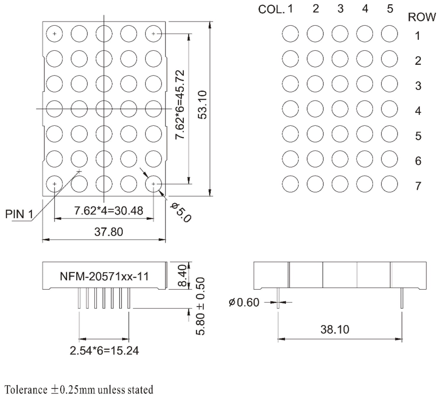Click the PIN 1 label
(19, 214)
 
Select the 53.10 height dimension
(203, 105)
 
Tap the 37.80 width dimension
(109, 232)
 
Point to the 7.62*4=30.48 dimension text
(109, 211)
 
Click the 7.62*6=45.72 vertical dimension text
(180, 105)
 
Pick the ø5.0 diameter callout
(181, 212)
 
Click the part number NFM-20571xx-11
(104, 276)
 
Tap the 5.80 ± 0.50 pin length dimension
(200, 306)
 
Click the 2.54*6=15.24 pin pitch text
(104, 351)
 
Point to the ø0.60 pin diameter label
(244, 302)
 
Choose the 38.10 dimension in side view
(335, 329)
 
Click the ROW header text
(422, 17)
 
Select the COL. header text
(271, 9)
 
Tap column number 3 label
(340, 9)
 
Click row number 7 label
(418, 186)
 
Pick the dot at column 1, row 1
(290, 34)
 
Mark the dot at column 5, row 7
(390, 184)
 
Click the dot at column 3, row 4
(340, 109)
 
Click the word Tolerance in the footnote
(26, 390)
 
